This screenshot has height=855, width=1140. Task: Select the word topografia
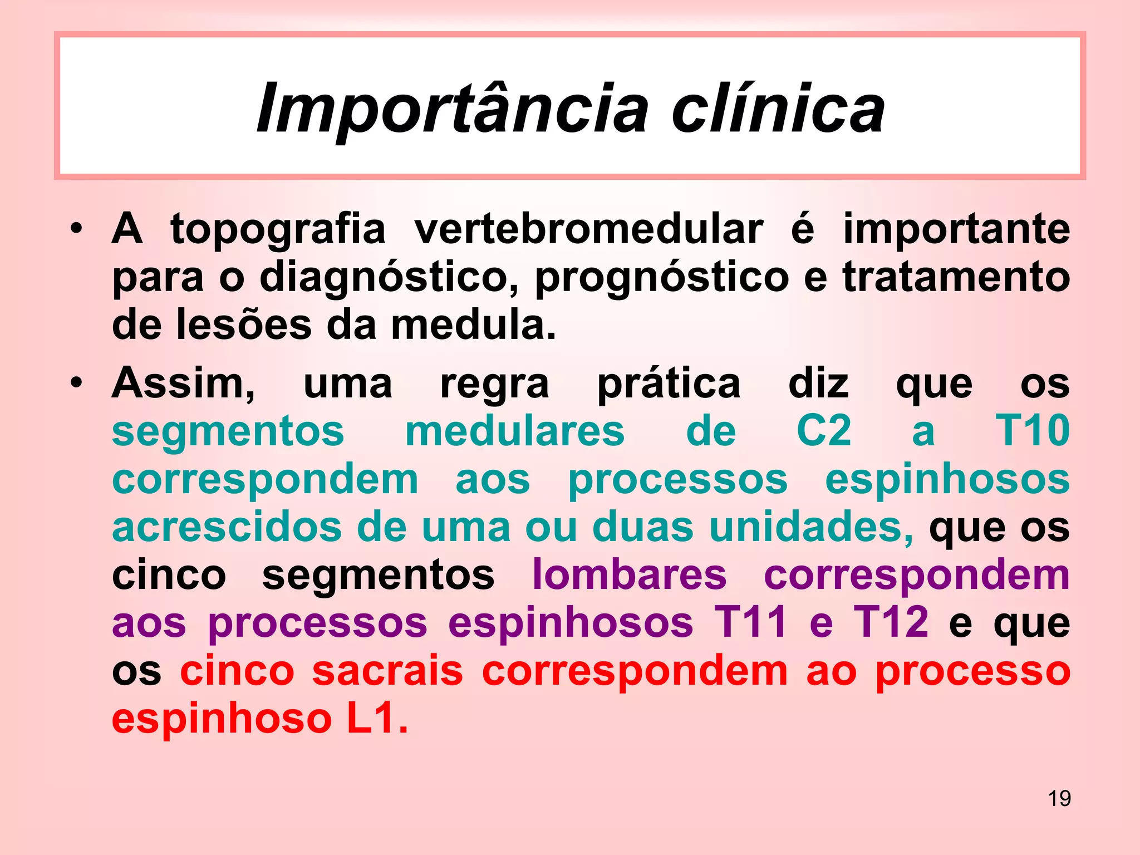[x=278, y=229]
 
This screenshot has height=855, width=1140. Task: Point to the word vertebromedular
[x=588, y=229]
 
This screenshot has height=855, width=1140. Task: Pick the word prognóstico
[x=662, y=277]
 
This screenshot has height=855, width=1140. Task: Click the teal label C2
[x=824, y=431]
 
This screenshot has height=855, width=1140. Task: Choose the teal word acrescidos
[x=227, y=527]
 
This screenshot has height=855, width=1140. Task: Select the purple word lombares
[x=629, y=574]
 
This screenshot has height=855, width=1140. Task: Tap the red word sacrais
[x=387, y=671]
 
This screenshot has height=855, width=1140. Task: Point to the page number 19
[x=1059, y=798]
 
